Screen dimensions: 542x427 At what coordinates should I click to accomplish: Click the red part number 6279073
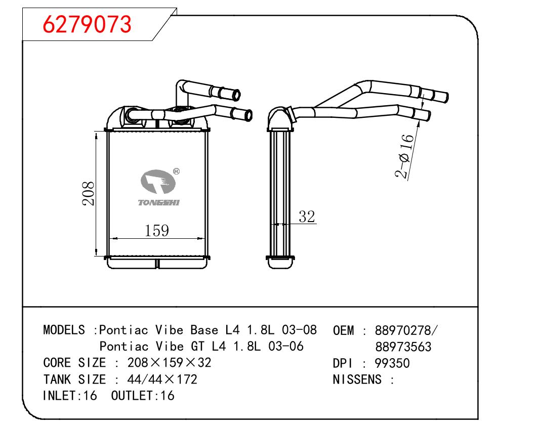[x=87, y=24]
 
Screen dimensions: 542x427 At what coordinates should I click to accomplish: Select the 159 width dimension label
[x=156, y=230]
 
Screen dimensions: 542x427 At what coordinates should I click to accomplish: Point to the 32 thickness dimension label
[x=307, y=216]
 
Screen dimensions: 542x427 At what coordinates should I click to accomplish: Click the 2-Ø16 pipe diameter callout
[x=404, y=156]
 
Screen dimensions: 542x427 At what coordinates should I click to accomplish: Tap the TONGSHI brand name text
[x=159, y=203]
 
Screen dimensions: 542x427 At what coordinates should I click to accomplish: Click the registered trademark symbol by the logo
[x=176, y=172]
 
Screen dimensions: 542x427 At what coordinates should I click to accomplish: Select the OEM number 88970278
[x=403, y=330]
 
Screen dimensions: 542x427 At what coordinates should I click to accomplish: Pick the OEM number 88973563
[x=403, y=347]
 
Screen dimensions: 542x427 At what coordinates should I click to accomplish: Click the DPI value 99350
[x=392, y=363]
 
